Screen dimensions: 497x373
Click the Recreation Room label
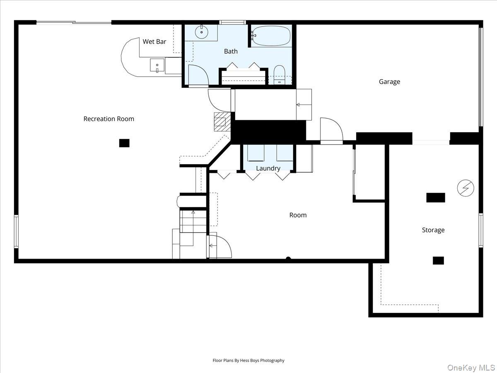[109, 119]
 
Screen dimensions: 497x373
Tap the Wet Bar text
[154, 41]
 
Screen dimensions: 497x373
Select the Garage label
[389, 82]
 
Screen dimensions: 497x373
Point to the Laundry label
[268, 168]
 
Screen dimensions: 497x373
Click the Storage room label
[433, 230]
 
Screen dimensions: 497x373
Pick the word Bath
[231, 51]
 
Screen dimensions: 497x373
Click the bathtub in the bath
[271, 36]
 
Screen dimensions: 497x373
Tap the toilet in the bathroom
[279, 75]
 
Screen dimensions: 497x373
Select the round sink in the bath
[202, 32]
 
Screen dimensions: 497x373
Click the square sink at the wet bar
[157, 65]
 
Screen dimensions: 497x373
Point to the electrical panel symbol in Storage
[466, 188]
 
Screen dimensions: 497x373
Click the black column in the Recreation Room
[124, 143]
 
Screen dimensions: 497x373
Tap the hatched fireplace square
[222, 122]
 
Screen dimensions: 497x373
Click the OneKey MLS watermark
[471, 367]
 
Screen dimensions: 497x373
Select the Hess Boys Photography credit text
[248, 360]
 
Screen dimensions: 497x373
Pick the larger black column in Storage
[436, 198]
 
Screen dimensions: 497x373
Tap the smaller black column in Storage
[438, 260]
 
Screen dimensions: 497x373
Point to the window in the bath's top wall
[232, 22]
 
